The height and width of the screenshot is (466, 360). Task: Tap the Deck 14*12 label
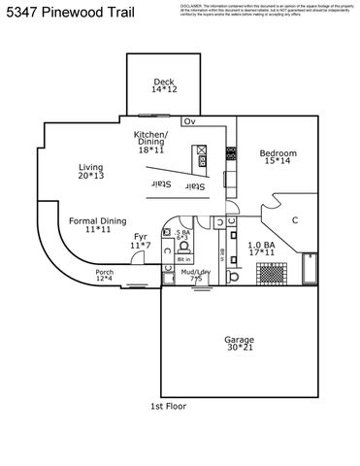[163, 85]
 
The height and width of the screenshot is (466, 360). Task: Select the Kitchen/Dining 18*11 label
[150, 142]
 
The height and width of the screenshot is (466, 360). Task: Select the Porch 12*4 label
[104, 276]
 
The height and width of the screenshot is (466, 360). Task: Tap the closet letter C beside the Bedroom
[295, 220]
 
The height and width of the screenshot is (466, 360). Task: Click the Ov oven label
[190, 121]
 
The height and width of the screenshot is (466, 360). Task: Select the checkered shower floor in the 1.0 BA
[277, 274]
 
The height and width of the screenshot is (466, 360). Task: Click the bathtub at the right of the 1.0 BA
[310, 269]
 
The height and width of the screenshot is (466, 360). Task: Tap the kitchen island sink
[201, 150]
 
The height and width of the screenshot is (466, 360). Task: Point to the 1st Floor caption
[168, 406]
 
